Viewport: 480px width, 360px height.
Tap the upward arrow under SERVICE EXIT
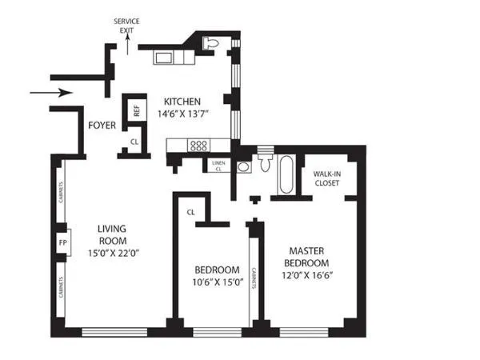pos(126,43)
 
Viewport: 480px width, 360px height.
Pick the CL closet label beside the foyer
pos(134,143)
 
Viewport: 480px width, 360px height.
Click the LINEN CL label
pos(218,166)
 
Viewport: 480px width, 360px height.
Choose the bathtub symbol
pos(286,176)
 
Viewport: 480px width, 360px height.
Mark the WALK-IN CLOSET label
pos(326,178)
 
